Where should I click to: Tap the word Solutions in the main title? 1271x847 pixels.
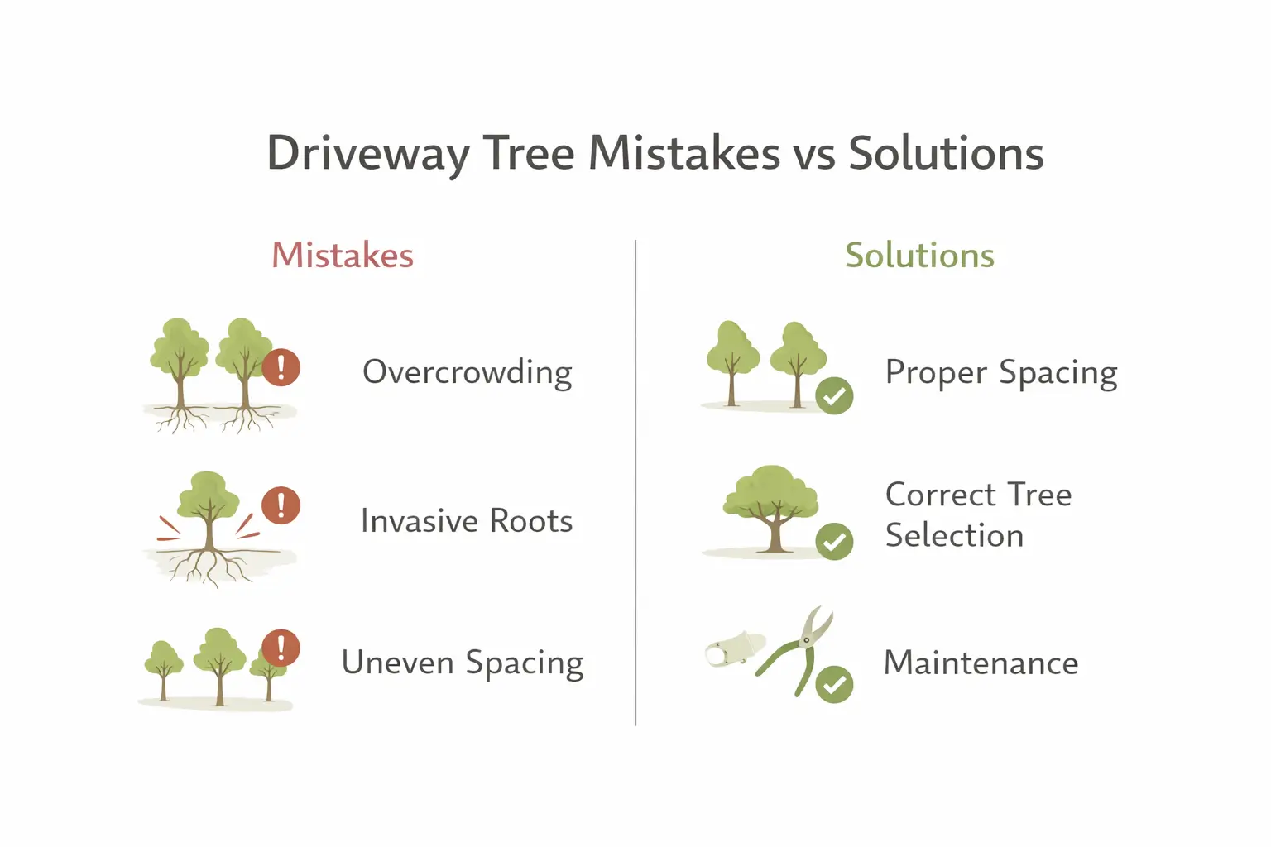[x=946, y=155]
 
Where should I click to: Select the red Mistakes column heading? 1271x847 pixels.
[x=343, y=256]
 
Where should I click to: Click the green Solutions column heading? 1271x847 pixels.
[x=919, y=256]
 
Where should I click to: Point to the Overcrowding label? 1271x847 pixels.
[x=468, y=373]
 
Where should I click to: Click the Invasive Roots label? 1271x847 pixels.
[x=467, y=521]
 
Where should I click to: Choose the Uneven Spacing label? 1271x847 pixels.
[x=463, y=663]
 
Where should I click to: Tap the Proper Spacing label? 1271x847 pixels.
[x=1001, y=373]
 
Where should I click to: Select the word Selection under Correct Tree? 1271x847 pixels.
[x=954, y=536]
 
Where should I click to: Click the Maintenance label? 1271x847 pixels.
[x=981, y=663]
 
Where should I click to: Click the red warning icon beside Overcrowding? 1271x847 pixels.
[x=281, y=366]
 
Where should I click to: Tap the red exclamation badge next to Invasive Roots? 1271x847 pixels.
[x=281, y=505]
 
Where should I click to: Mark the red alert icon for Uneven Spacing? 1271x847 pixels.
[x=281, y=648]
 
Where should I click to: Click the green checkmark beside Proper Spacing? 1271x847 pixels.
[x=834, y=395]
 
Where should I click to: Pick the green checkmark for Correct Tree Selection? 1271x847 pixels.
[x=834, y=542]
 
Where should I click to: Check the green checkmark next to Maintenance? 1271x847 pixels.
[x=834, y=684]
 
